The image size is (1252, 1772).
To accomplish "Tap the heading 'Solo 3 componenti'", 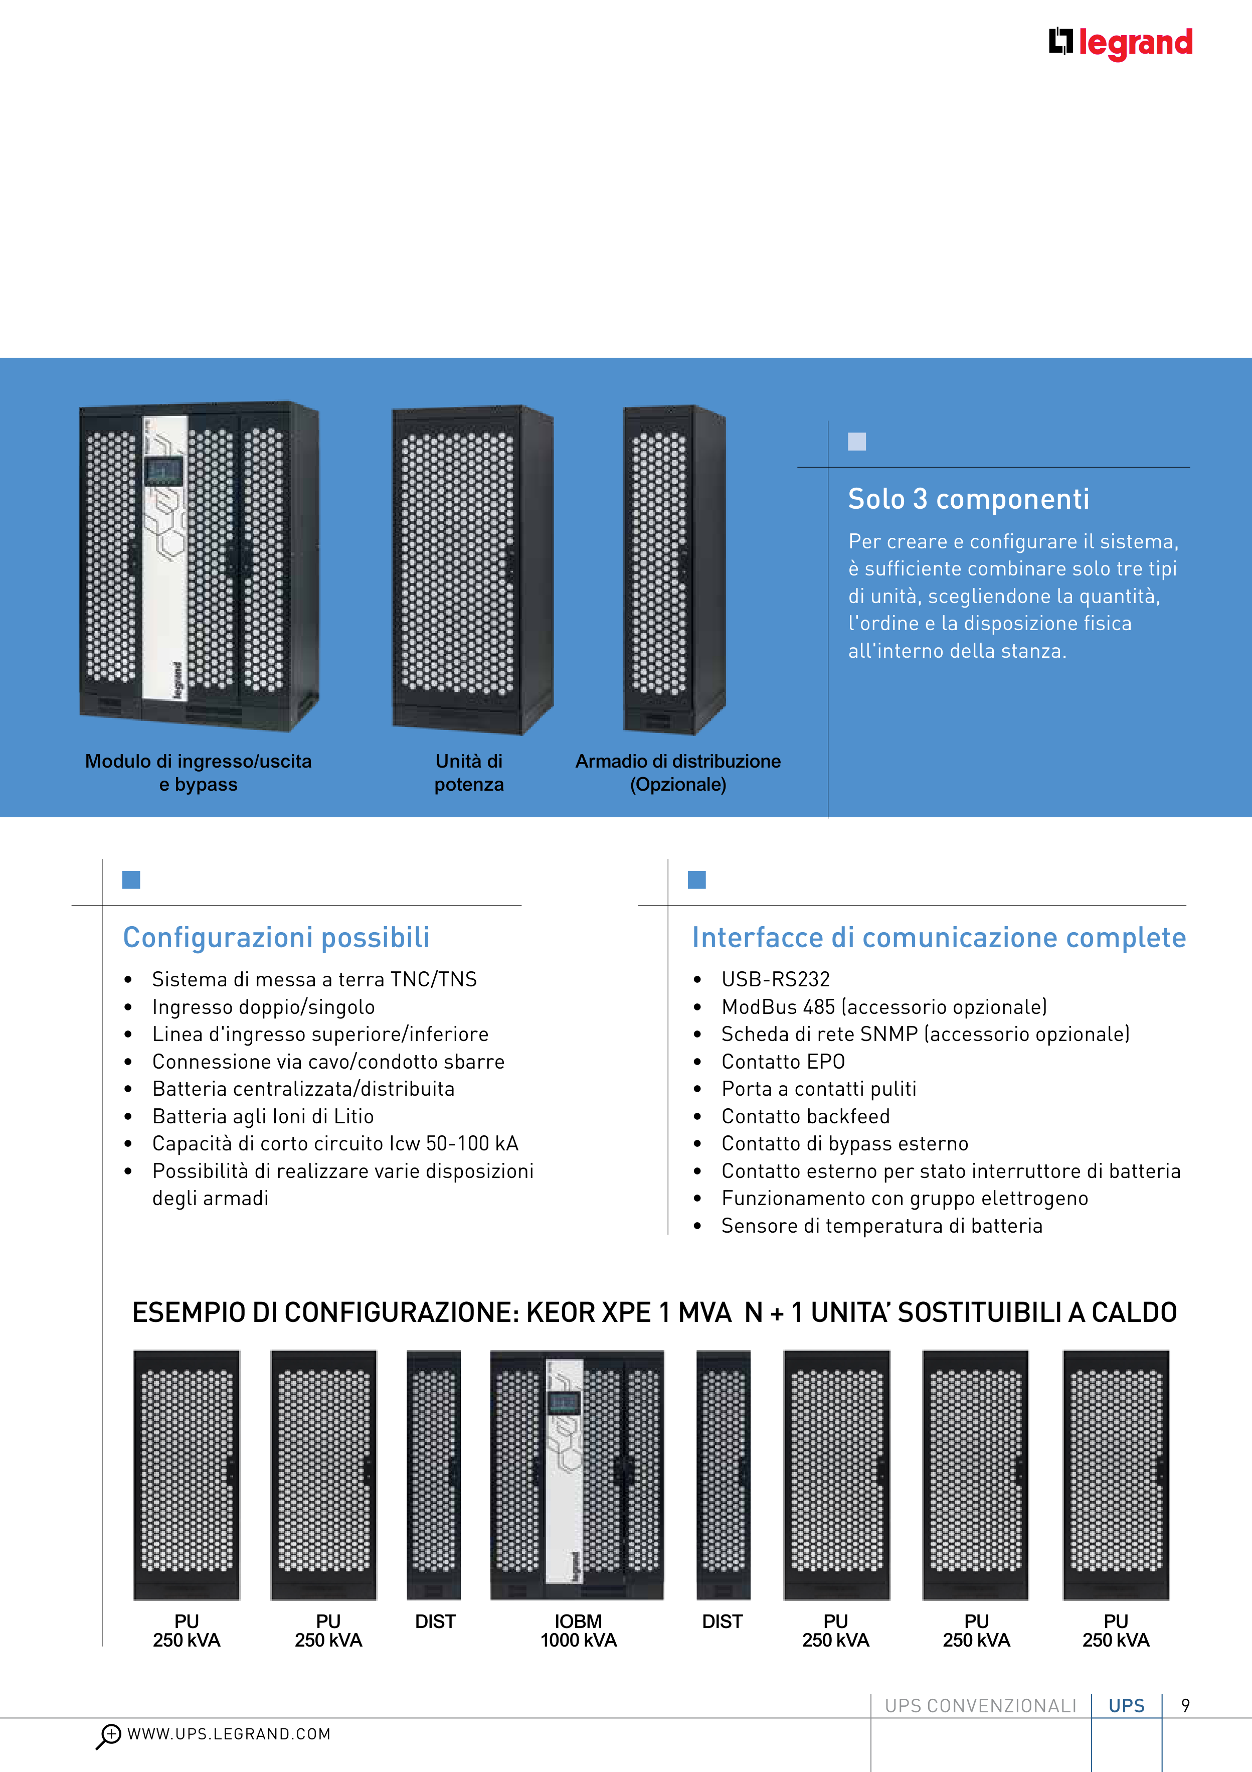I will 968,499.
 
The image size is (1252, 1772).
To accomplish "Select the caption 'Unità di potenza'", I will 468,773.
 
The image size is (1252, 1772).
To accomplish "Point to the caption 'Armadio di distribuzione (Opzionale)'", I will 678,773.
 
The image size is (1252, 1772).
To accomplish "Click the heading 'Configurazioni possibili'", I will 276,938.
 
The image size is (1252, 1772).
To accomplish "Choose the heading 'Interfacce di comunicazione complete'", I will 938,938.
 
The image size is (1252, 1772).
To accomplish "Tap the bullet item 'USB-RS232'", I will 775,979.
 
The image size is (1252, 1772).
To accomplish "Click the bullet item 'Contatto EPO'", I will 783,1062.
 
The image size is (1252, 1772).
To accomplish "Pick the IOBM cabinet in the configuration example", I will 577,1474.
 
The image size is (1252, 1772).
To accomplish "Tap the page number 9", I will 1186,1706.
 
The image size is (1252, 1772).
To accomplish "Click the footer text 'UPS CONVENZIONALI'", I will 980,1706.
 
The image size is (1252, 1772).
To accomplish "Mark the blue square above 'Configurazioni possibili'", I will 131,880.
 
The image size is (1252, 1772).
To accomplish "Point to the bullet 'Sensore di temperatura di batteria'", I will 882,1226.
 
